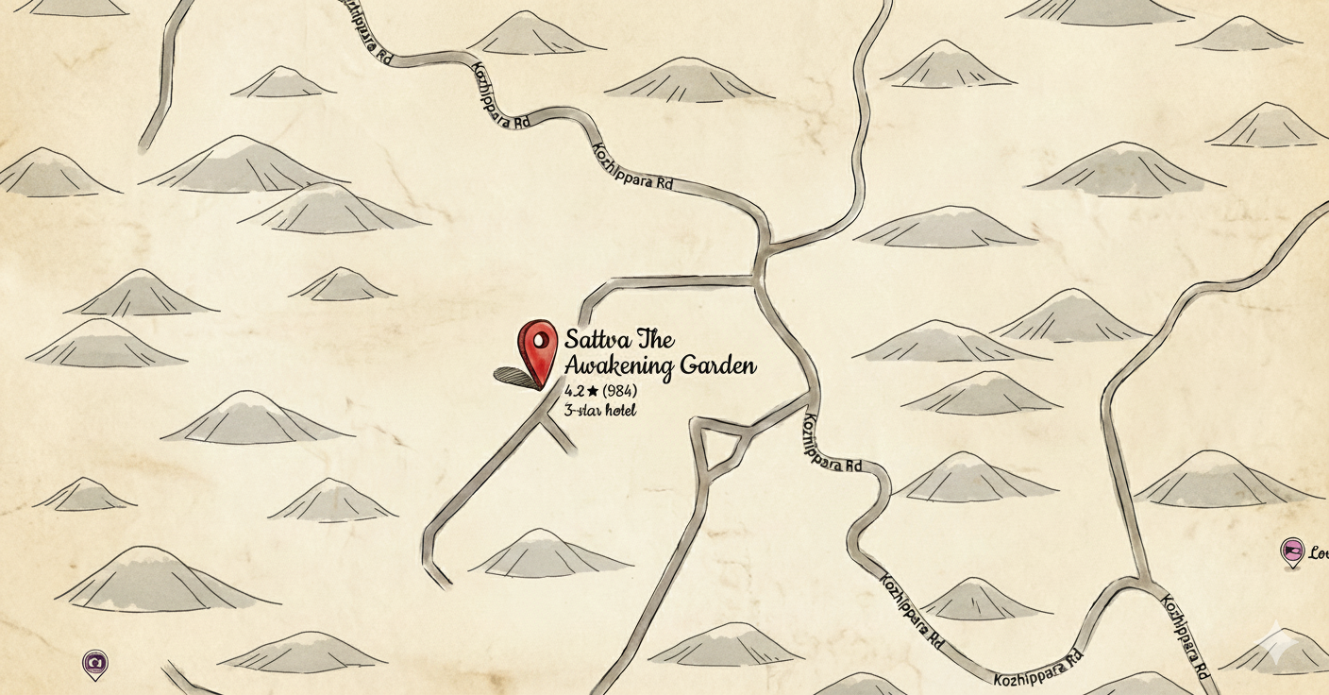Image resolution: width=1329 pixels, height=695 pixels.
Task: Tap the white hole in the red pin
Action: [x=541, y=338]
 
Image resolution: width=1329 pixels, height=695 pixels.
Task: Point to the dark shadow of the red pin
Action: [x=514, y=376]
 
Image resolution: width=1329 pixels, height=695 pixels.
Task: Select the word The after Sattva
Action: [x=656, y=340]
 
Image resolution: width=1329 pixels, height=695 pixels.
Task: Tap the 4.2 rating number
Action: [x=574, y=391]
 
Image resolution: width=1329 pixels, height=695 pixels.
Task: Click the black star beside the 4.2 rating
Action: [x=593, y=391]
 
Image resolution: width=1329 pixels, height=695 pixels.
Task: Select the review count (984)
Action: [x=619, y=391]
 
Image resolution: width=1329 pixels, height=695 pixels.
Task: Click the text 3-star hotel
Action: [x=600, y=410]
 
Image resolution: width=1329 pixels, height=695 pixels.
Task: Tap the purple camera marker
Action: [x=94, y=663]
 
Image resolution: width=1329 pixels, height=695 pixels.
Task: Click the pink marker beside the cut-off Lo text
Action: [x=1292, y=551]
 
